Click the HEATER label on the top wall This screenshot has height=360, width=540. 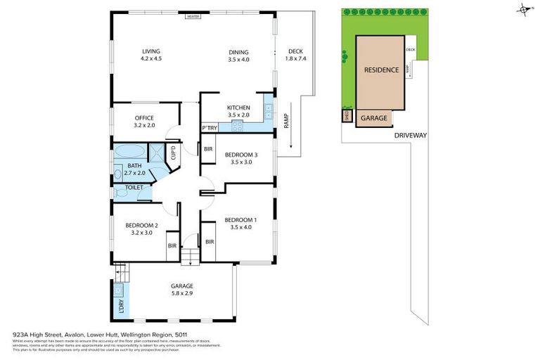193,16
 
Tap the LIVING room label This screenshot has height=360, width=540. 151,51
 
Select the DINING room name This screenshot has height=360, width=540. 238,51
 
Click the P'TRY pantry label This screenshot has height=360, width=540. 209,128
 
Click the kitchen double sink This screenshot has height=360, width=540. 268,110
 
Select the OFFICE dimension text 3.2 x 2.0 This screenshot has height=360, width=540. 144,125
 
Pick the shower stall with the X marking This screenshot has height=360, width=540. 155,152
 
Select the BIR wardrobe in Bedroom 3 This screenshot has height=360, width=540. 208,149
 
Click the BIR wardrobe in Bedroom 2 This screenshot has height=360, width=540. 171,246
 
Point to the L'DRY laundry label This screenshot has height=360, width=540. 119,307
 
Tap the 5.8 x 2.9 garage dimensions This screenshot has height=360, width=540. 181,293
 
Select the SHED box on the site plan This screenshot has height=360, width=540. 347,117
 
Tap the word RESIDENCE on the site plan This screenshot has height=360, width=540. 381,70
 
